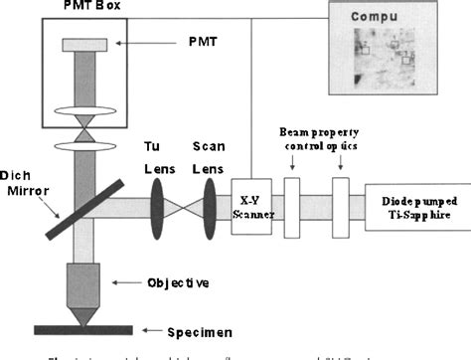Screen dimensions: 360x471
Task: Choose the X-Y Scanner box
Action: pos(250,207)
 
